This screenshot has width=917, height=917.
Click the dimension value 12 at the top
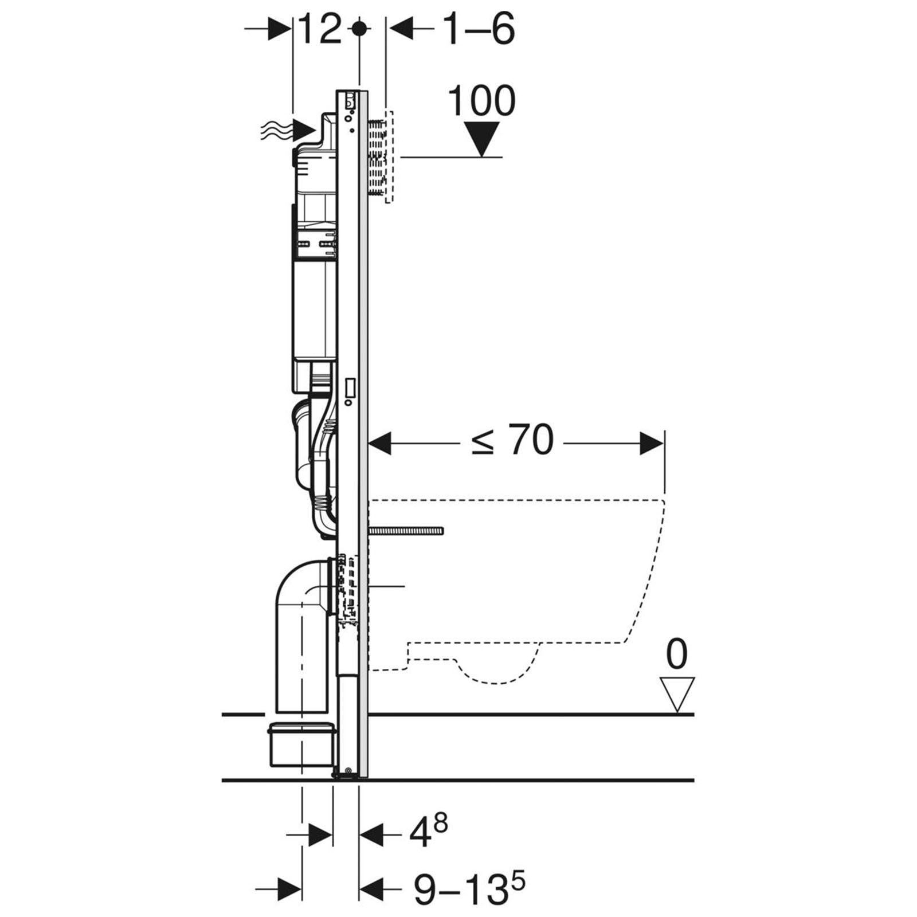pyautogui.click(x=320, y=29)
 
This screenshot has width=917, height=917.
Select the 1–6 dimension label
pyautogui.click(x=479, y=29)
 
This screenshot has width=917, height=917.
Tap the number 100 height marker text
pyautogui.click(x=481, y=101)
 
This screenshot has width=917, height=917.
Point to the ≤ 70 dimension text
pyautogui.click(x=512, y=441)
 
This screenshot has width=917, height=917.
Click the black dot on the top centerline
pyautogui.click(x=359, y=29)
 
